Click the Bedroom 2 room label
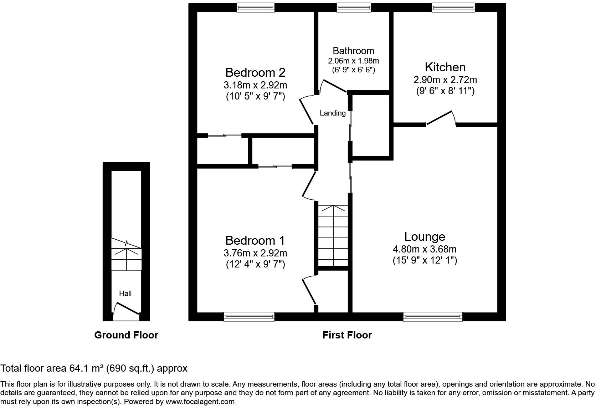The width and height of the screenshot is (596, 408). [x=255, y=72]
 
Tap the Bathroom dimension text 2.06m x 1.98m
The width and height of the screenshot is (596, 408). [x=353, y=61]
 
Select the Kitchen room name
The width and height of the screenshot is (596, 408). [x=445, y=67]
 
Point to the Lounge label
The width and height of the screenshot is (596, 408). [x=425, y=236]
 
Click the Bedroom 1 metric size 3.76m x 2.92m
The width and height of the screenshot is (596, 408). [x=255, y=253]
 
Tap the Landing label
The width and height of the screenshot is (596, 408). [x=333, y=113]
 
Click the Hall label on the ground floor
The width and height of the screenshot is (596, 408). [x=125, y=294]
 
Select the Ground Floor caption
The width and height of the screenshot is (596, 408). [x=126, y=335]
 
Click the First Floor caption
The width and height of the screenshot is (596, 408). [x=347, y=335]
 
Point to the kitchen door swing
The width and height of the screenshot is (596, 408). [x=441, y=118]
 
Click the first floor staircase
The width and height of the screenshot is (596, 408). [x=333, y=235]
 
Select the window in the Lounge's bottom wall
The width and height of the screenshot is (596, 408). [x=433, y=316]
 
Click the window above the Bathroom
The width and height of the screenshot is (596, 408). [x=354, y=7]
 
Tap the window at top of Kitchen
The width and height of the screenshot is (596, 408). [x=453, y=7]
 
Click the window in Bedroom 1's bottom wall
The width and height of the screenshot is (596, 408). [x=249, y=316]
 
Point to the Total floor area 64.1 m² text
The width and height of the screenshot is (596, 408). [x=94, y=368]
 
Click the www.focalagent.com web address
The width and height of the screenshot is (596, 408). [x=200, y=402]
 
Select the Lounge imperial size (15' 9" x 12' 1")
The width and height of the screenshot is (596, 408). [x=425, y=260]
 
